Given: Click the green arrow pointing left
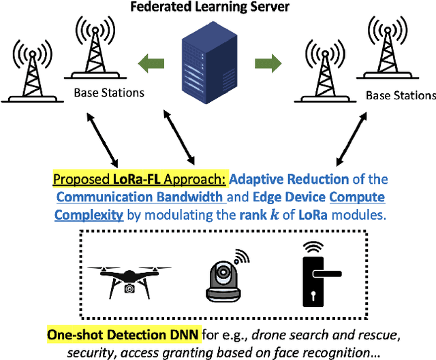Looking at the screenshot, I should pos(151,64).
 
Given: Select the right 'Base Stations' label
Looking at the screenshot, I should pos(401,95).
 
